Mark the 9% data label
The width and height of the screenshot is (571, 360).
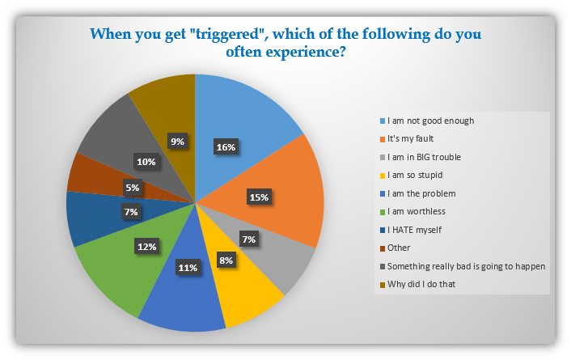point(177,141)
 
